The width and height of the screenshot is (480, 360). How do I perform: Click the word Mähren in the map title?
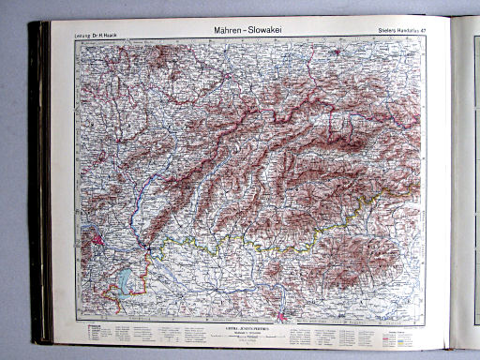218,28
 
